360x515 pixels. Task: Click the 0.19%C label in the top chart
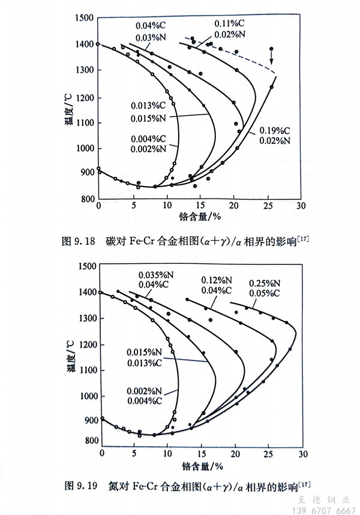pyautogui.click(x=274, y=130)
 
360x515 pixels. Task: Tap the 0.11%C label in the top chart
pyautogui.click(x=230, y=23)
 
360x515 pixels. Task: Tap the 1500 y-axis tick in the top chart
pyautogui.click(x=84, y=18)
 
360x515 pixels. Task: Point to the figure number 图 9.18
pyautogui.click(x=79, y=243)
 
